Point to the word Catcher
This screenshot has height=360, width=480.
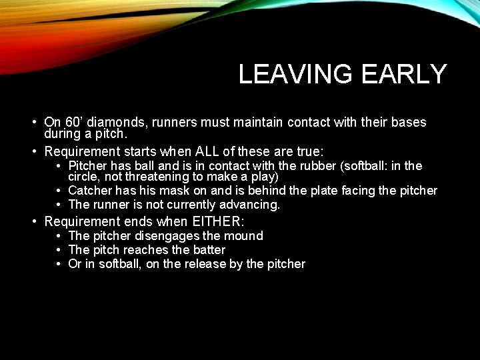click(x=89, y=191)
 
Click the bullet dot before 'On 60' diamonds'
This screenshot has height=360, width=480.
click(x=33, y=123)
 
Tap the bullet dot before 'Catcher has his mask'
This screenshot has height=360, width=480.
click(x=59, y=191)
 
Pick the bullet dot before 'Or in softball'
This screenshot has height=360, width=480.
click(x=59, y=265)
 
